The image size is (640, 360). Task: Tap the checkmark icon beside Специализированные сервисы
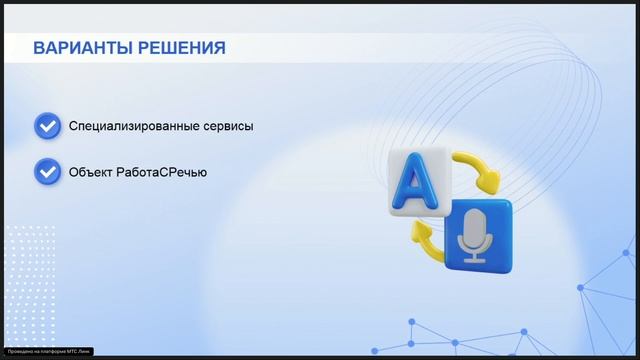coord(47,126)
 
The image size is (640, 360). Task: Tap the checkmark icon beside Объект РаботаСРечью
coord(47,171)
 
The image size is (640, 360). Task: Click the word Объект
coord(90,172)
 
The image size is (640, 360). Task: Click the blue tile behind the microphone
coord(478,235)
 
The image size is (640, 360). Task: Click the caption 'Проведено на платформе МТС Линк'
coord(47,352)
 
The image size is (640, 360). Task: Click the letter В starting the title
coord(38,48)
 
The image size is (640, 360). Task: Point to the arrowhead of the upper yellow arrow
coord(488,185)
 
